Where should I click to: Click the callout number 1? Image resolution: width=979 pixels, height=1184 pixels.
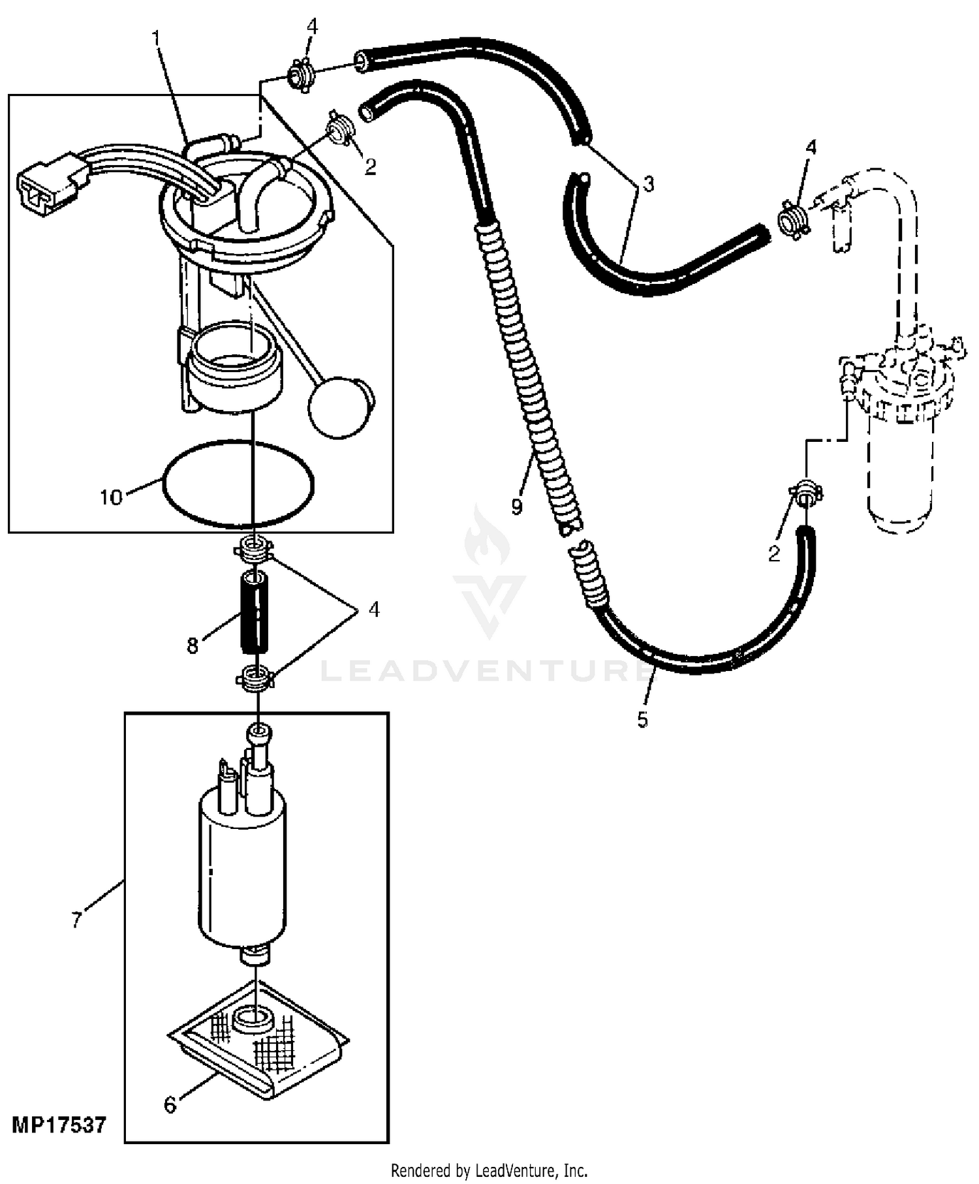coord(156,39)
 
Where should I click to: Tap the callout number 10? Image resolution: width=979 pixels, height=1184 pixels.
coord(111,498)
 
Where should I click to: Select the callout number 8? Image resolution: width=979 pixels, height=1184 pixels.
coord(193,646)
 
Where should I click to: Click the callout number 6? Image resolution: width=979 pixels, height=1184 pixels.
coord(170,1105)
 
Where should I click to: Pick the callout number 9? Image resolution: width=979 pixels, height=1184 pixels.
coord(517,506)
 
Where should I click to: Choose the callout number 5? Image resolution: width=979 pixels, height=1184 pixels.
coord(643,720)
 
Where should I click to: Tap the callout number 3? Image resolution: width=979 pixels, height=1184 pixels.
coord(648,185)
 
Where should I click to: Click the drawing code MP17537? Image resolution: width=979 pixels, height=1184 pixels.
coord(59,1126)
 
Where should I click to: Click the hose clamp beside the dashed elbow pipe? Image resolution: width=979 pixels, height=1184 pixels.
coord(794,219)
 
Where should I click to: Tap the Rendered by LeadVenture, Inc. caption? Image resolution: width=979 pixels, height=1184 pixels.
coord(489,1170)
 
